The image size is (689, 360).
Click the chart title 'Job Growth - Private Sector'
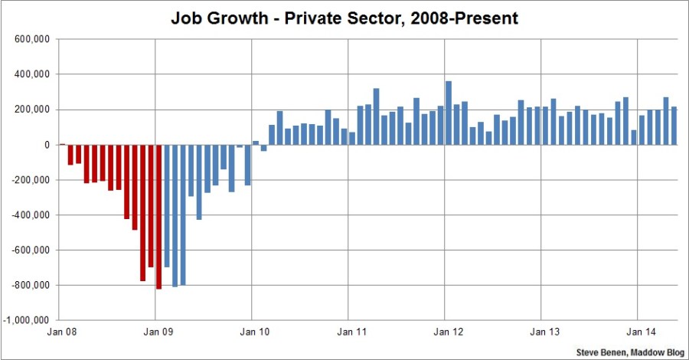click(x=344, y=18)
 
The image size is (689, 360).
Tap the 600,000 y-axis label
click(x=29, y=39)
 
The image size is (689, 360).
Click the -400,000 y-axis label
click(x=28, y=215)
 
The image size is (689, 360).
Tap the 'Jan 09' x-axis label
click(x=155, y=334)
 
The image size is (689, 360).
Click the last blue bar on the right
click(x=674, y=126)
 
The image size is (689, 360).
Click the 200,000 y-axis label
click(x=29, y=110)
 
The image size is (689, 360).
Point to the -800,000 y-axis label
click(x=28, y=285)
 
